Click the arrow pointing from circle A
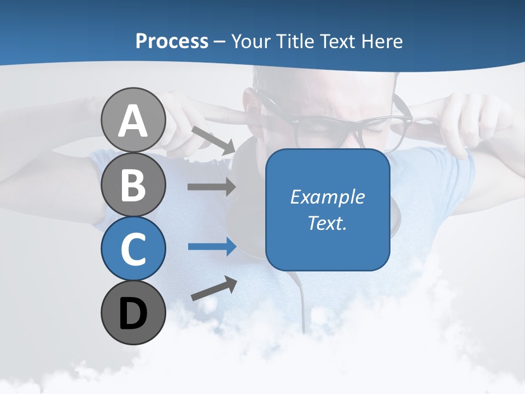(213, 140)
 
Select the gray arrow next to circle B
(212, 187)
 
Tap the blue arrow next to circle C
(212, 246)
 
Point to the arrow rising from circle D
(214, 288)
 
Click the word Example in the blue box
(328, 197)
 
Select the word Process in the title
(172, 41)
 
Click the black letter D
(133, 314)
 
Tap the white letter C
(133, 249)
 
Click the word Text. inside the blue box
(328, 223)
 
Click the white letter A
(133, 121)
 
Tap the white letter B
(133, 185)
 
